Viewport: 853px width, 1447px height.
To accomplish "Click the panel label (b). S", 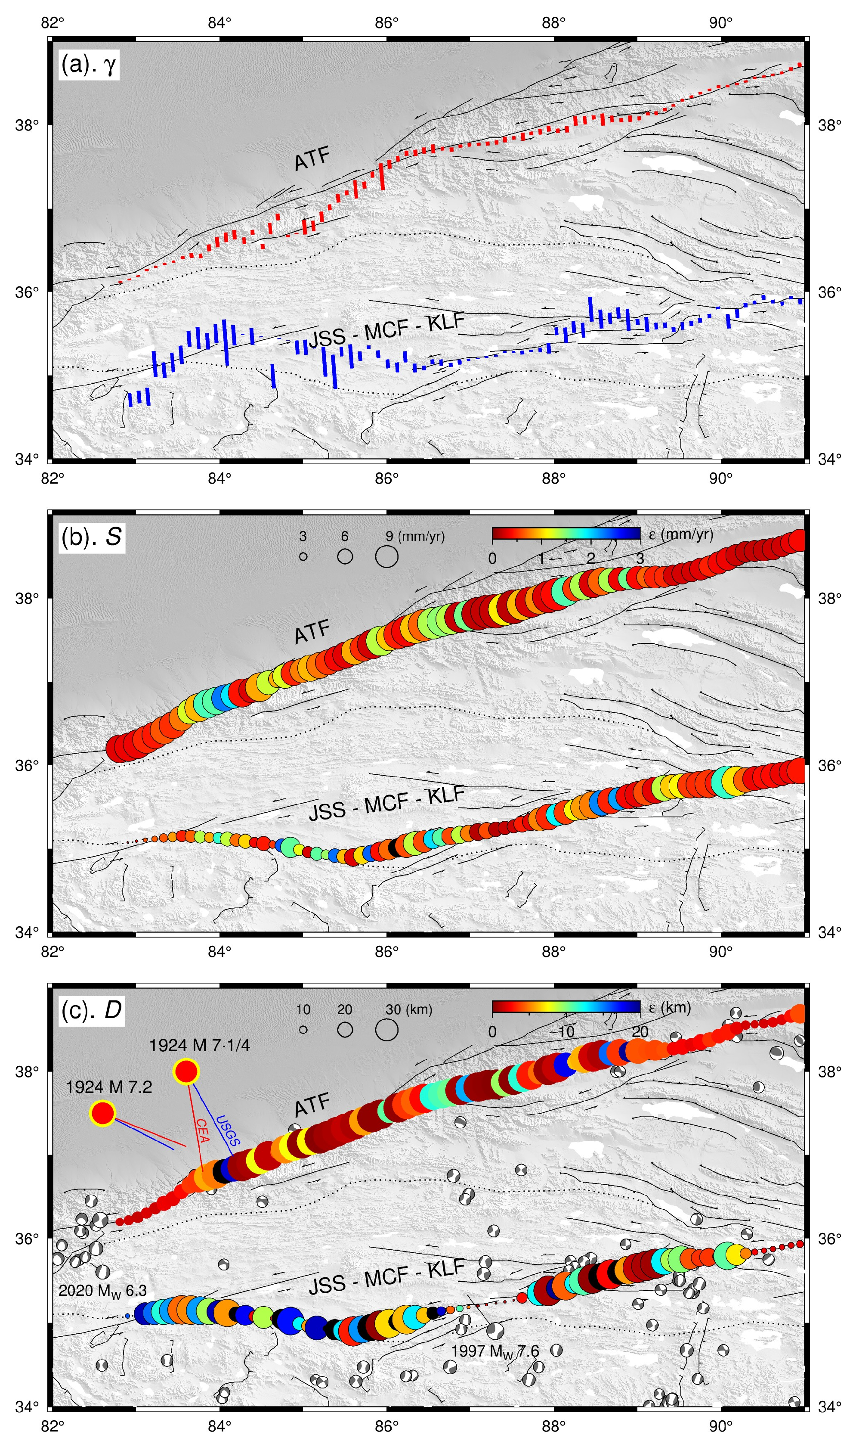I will (x=91, y=537).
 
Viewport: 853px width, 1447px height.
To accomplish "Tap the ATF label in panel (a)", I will (x=312, y=159).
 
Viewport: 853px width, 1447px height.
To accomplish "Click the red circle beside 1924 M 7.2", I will (x=103, y=1113).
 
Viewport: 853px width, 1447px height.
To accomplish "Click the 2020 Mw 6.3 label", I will (x=102, y=1291).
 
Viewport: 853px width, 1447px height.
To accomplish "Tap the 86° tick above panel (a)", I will (x=386, y=23).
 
